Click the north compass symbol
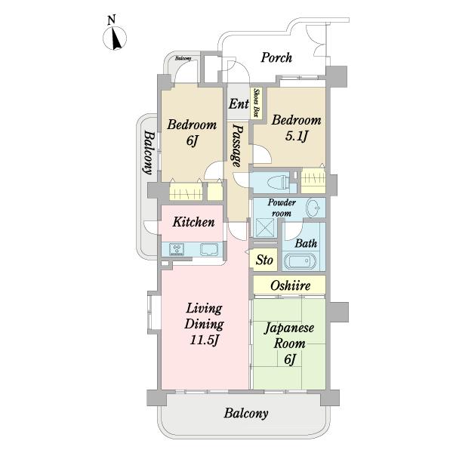coord(115,38)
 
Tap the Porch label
coord(276,57)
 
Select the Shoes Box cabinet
coord(256,103)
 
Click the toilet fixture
coord(278,183)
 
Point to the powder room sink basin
coord(313,208)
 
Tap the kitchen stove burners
coord(177,249)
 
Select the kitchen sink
coord(209,249)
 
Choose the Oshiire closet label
coord(291,285)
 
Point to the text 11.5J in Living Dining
coord(204,340)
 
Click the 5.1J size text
coord(296,136)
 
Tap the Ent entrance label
coord(239,103)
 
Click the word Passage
coord(237,146)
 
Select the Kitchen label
coord(193,222)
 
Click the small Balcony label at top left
coord(183,58)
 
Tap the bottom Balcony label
coord(246,414)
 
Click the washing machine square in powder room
coord(263,227)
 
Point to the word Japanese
coord(289,328)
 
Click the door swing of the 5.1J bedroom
coord(263,155)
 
